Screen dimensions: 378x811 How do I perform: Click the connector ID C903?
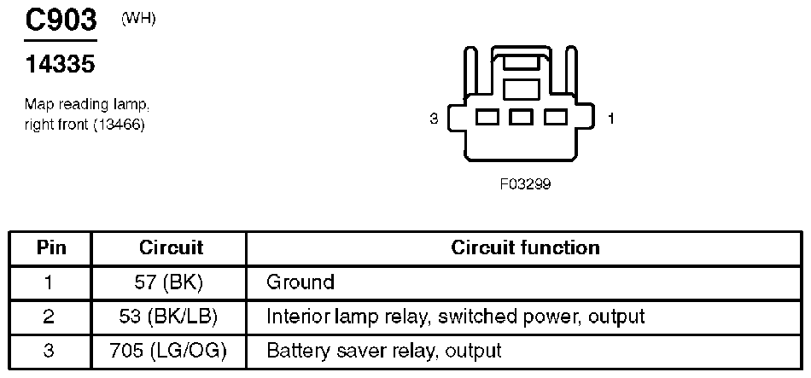pos(61,21)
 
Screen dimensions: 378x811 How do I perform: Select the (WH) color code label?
pos(138,19)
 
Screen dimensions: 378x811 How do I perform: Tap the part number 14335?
pos(60,64)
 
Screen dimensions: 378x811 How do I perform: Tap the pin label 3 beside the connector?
pos(434,119)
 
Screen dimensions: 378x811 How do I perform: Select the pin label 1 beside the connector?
pos(610,119)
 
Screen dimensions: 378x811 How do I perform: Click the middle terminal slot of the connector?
pos(521,117)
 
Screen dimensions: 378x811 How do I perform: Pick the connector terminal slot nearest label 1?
pos(556,117)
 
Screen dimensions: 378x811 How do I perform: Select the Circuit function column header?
pos(525,248)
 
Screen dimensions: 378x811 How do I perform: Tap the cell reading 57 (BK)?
pos(170,282)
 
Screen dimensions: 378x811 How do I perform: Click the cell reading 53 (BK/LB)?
pos(170,316)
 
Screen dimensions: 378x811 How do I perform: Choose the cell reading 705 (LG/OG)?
pos(170,350)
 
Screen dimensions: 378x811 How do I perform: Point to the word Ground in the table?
pos(300,282)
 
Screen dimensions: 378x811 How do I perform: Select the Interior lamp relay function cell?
pos(455,316)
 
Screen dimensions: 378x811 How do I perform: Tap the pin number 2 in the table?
pos(50,316)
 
